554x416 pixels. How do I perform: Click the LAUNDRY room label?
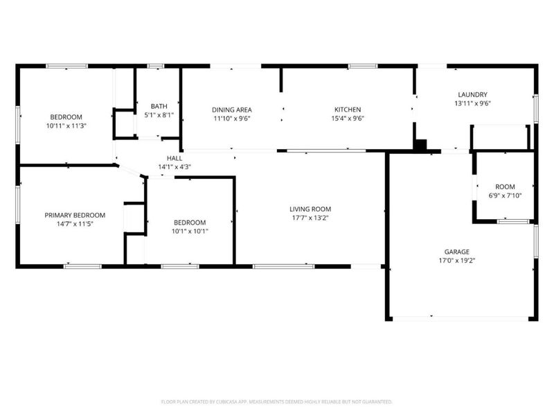tap(472, 95)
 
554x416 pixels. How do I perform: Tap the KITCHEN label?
tap(348, 110)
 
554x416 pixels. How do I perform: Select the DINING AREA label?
tap(232, 110)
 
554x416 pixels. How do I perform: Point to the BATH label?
tap(159, 106)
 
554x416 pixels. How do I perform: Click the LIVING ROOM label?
tap(310, 209)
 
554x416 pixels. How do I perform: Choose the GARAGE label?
tap(457, 252)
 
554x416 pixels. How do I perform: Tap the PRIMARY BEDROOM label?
tap(75, 215)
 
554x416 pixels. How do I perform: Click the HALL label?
tap(175, 158)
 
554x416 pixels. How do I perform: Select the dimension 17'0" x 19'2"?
tap(457, 261)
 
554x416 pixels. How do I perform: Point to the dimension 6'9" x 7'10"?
tap(505, 196)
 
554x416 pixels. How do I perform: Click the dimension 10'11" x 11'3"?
tap(66, 125)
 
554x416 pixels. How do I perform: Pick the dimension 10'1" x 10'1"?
tap(190, 232)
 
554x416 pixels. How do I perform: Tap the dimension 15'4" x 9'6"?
tap(348, 119)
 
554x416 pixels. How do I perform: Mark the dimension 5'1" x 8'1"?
tap(159, 115)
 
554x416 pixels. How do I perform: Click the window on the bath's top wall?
tap(155, 66)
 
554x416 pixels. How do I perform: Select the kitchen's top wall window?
tap(362, 66)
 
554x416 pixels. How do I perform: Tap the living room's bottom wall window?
tap(284, 266)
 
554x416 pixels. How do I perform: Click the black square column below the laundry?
tap(420, 146)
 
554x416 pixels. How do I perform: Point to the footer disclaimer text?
tap(276, 402)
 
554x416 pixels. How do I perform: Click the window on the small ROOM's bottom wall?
tap(513, 222)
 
